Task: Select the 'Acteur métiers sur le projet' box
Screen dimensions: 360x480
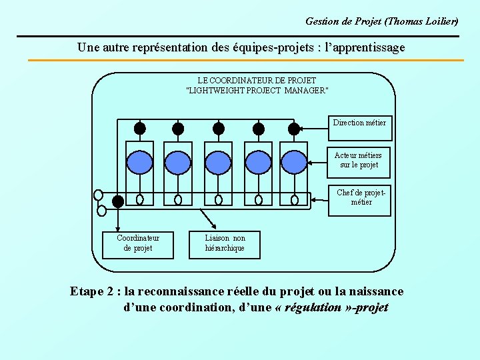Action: pyautogui.click(x=359, y=160)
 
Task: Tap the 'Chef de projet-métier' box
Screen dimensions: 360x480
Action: pyautogui.click(x=359, y=198)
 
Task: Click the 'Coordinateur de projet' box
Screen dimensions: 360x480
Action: pyautogui.click(x=137, y=243)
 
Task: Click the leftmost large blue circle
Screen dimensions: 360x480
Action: pyautogui.click(x=139, y=161)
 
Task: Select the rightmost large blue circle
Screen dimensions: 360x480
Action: pyautogui.click(x=294, y=161)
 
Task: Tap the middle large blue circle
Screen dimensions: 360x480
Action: pyautogui.click(x=218, y=161)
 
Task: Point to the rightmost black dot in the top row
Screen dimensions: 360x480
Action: pyautogui.click(x=294, y=129)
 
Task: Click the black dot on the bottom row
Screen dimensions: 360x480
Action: pyautogui.click(x=118, y=200)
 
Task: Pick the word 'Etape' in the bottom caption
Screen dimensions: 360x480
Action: pyautogui.click(x=87, y=292)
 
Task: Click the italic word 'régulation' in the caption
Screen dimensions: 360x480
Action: pyautogui.click(x=315, y=308)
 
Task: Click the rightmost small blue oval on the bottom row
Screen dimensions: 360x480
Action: pyautogui.click(x=295, y=199)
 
